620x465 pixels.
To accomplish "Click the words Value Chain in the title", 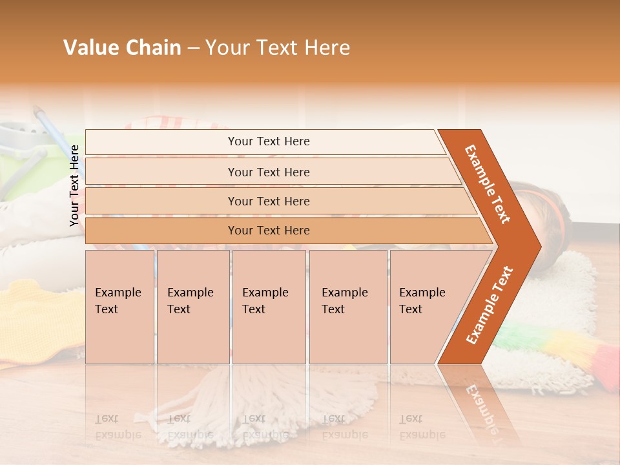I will [122, 48].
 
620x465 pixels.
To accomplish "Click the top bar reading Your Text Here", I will [268, 141].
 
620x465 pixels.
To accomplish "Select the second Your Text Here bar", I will [268, 172].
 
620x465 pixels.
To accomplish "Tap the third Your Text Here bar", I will [268, 201].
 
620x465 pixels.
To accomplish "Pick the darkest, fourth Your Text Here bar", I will [268, 231].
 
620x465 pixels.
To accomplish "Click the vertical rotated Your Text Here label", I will [74, 185].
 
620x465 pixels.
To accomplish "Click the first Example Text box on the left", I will [119, 307].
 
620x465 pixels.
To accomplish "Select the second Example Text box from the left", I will [192, 307].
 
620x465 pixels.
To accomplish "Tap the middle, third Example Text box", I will [268, 307].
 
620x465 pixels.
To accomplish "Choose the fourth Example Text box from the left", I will [347, 307].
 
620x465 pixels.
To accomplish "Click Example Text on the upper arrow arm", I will [488, 183].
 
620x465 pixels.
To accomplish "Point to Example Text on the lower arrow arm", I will [490, 305].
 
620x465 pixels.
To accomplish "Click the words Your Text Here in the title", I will [278, 48].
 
